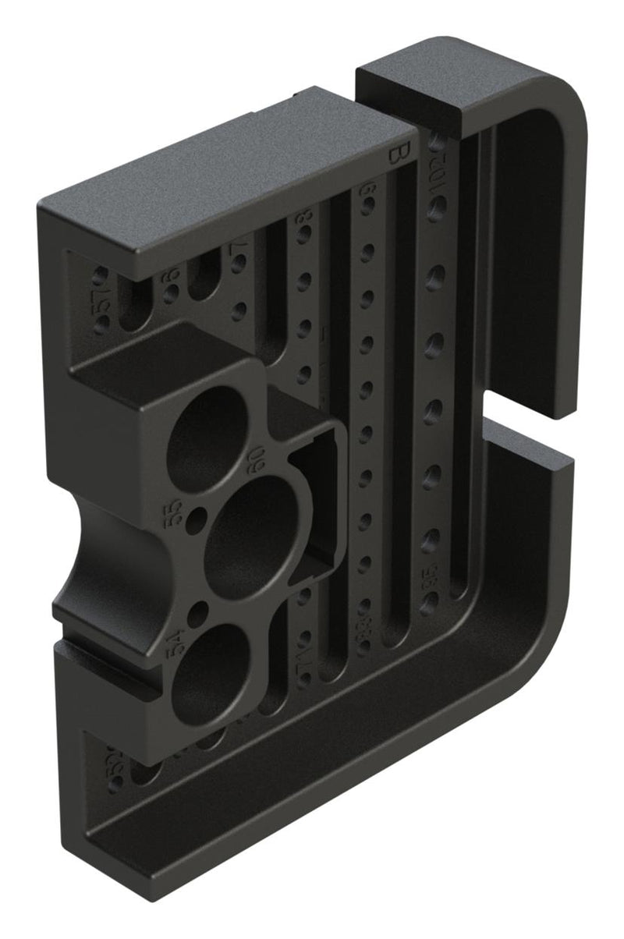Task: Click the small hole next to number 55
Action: pos(201,517)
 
